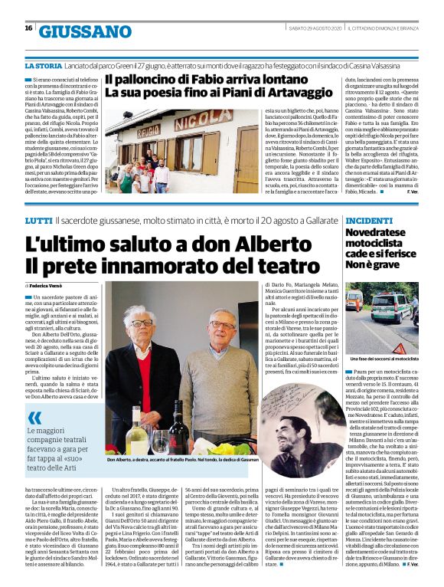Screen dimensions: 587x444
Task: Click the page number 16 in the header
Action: point(28,28)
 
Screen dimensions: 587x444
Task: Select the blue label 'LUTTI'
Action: point(38,219)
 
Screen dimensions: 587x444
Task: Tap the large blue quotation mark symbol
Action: point(34,418)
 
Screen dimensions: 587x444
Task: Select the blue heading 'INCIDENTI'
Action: point(370,219)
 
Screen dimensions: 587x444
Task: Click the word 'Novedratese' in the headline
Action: point(379,231)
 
